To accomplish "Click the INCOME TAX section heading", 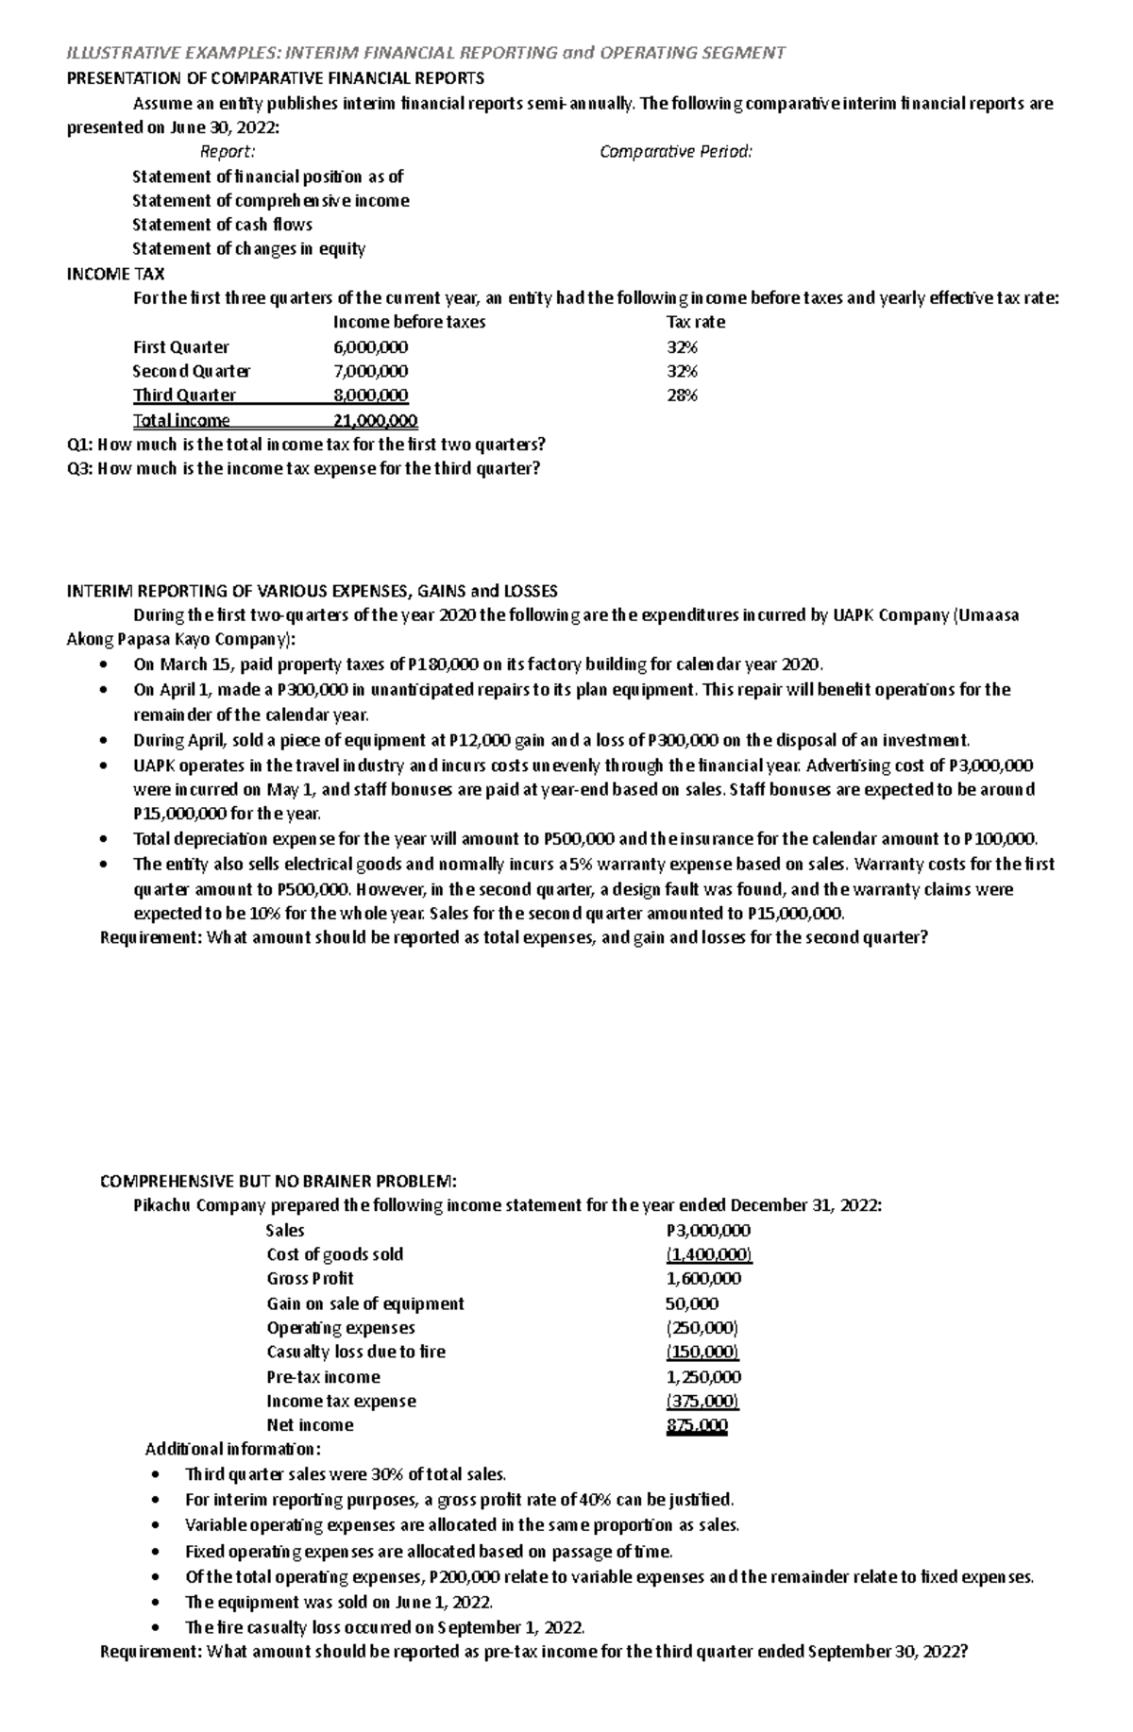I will click(x=115, y=274).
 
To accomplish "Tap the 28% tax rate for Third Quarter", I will click(x=682, y=395).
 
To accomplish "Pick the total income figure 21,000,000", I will click(x=376, y=421).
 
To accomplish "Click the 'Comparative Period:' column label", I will click(x=676, y=152).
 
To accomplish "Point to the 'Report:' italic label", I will click(x=228, y=152).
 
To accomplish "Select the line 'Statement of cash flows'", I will click(x=222, y=225).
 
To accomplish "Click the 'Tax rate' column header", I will click(x=696, y=322).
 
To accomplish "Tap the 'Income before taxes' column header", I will click(x=409, y=322).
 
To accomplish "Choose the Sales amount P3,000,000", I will click(x=708, y=1230).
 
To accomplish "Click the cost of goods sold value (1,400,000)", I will click(x=708, y=1254).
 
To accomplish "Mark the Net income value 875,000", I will click(x=697, y=1425).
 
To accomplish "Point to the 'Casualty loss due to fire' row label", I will click(x=356, y=1352).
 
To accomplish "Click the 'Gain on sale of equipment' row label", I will click(x=365, y=1303).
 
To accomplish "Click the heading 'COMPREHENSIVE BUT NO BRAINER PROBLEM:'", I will click(x=279, y=1181).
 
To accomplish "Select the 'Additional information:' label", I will click(x=232, y=1449).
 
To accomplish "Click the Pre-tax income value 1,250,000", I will click(x=703, y=1377).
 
